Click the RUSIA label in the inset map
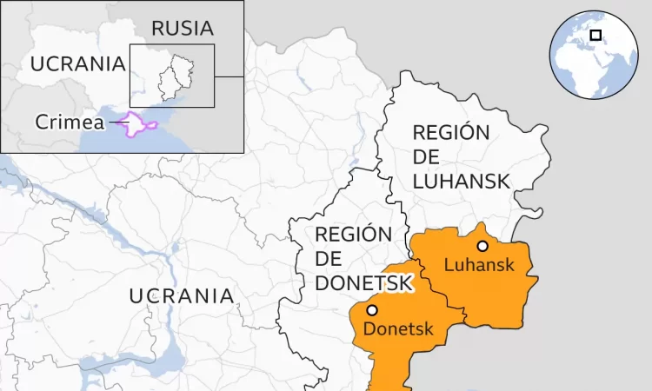182,28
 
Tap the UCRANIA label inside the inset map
78,63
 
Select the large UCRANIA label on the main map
182,295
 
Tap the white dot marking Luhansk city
482,246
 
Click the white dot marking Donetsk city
372,310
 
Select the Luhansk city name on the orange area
479,265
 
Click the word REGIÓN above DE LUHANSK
451,133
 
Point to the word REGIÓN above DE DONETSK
353,234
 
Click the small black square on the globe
595,35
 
